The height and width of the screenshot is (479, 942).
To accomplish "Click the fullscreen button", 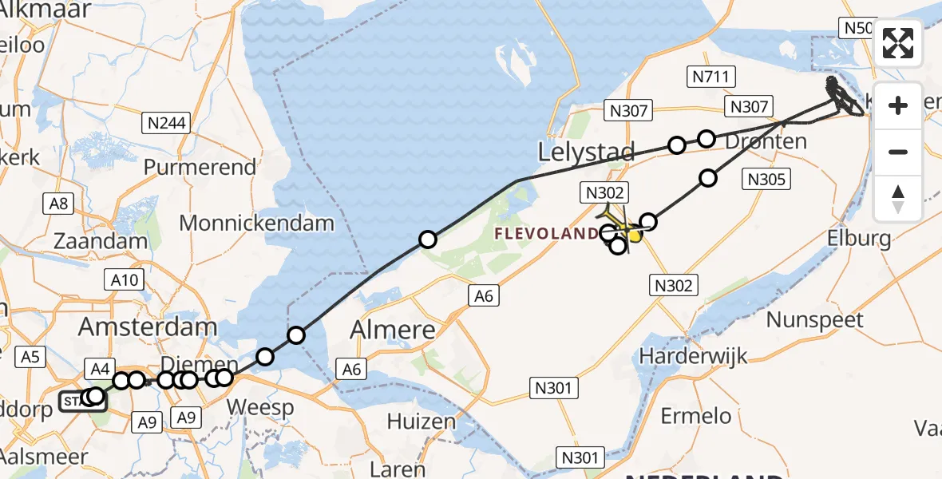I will coord(898,43).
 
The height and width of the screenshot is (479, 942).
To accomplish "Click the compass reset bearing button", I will coord(898,199).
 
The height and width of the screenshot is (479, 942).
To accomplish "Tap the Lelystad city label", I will coord(587,152).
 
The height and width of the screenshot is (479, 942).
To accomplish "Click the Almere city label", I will coord(396,329).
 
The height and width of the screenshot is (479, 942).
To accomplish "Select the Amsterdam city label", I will coord(148,326).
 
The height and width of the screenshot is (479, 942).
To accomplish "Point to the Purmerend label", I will coord(200,167).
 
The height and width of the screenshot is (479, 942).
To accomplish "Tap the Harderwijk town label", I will coord(693,354).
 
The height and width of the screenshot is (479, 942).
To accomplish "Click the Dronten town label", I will coord(766,141).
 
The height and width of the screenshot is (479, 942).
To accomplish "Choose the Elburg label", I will coord(859,238).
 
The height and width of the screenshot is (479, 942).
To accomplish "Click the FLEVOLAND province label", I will coord(547,234).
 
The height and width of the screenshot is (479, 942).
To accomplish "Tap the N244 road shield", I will coord(167,123).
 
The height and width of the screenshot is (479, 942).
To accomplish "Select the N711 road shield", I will coord(711,77).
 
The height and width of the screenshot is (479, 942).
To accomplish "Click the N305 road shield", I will coord(766,180).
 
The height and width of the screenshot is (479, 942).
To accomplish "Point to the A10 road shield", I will coord(123,279).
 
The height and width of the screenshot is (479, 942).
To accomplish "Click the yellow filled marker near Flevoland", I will coord(635,235).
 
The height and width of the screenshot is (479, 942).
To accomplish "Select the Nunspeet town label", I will coord(814,320).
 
